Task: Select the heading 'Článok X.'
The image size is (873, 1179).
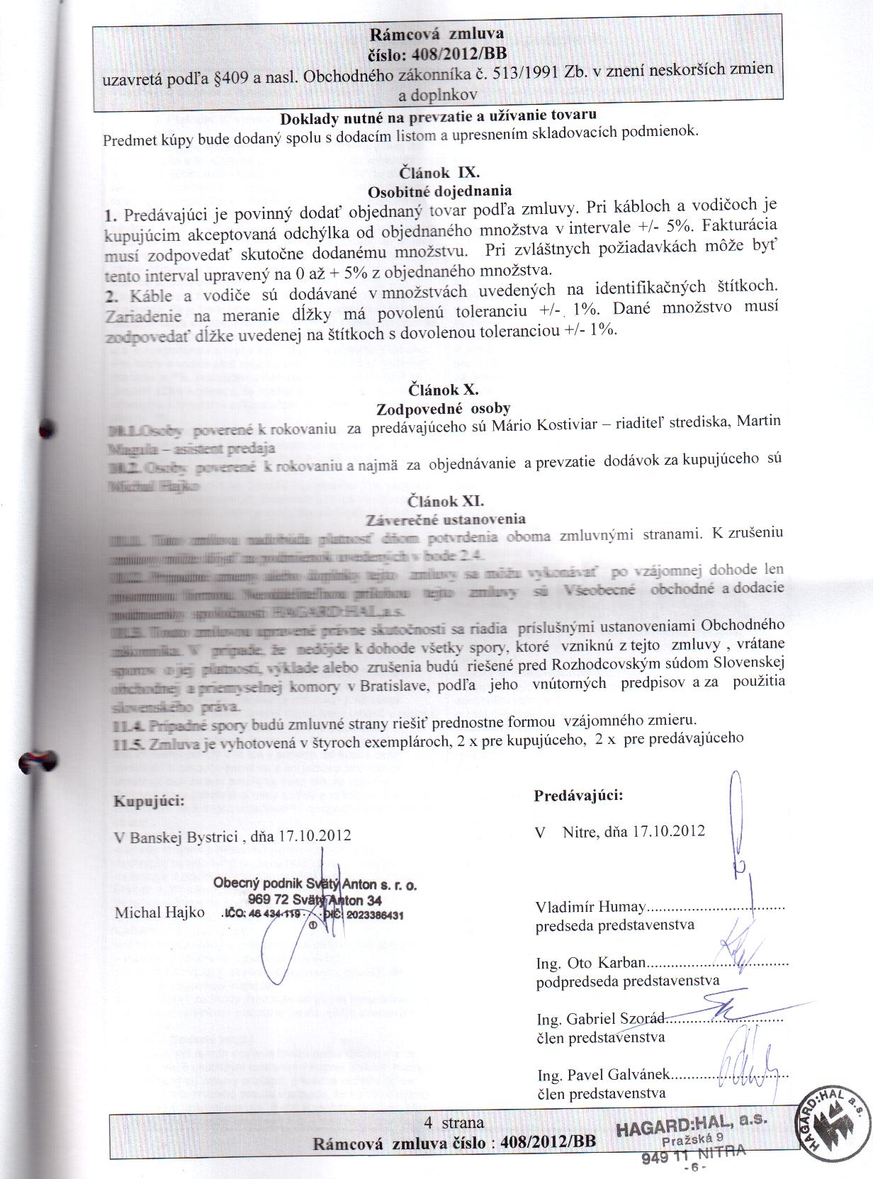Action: point(444,389)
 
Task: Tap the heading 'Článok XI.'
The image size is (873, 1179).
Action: point(446,501)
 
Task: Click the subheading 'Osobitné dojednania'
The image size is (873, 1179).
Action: point(440,190)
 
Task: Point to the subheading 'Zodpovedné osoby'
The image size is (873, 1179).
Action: point(443,407)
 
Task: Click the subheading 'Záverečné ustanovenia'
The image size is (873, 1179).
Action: point(446,519)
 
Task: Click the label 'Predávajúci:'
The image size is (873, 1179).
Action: point(578,796)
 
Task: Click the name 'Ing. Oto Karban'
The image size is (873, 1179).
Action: point(591,963)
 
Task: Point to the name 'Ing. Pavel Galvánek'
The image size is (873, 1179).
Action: point(603,1076)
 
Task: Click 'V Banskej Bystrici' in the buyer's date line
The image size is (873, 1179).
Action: point(176,836)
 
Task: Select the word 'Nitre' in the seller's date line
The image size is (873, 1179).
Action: point(580,831)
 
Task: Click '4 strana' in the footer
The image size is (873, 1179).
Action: point(454,1122)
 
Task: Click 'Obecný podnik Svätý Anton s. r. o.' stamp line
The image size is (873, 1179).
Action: point(315,885)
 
